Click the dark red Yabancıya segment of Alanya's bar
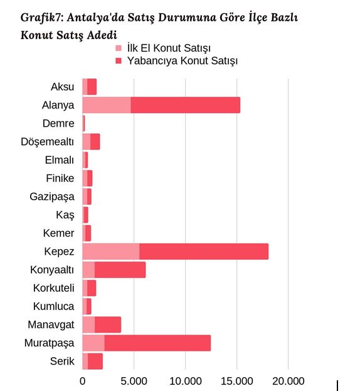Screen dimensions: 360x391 point(186,105)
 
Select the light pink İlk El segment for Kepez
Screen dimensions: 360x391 point(111,251)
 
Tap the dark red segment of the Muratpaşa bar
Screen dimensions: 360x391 point(157,343)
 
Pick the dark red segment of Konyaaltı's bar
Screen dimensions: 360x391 point(120,270)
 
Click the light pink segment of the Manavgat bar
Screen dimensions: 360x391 point(88,324)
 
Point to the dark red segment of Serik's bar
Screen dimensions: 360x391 point(95,362)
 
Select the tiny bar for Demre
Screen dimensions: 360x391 point(83,124)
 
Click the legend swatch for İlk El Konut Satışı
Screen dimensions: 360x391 point(119,48)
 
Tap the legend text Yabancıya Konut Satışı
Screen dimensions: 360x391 point(183,61)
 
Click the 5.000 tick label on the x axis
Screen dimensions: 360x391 point(134,382)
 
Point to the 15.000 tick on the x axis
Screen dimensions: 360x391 point(237,382)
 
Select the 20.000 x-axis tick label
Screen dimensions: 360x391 point(289,382)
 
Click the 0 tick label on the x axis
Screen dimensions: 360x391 point(82,382)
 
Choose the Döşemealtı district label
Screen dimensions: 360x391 point(47,142)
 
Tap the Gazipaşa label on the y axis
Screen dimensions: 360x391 point(52,197)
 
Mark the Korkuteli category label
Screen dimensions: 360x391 point(54,288)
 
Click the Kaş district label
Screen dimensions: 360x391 point(65,215)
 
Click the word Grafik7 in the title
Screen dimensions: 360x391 point(42,18)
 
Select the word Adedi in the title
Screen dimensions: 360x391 point(102,35)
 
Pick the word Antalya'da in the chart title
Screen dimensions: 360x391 point(95,18)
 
